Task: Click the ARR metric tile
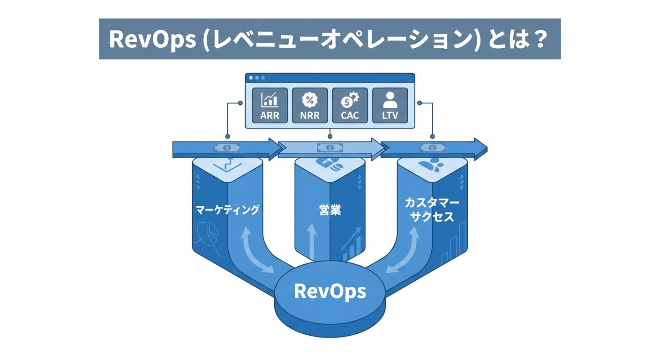click(x=270, y=105)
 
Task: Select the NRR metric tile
click(x=309, y=105)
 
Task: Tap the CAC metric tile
click(x=350, y=105)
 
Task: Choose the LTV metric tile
click(x=390, y=105)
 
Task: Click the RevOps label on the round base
click(x=330, y=291)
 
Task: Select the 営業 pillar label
click(x=329, y=210)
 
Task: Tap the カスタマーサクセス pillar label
click(x=432, y=210)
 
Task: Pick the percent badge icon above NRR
click(x=309, y=99)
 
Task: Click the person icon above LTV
click(x=390, y=98)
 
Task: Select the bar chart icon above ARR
click(x=270, y=99)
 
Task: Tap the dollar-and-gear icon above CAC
click(x=349, y=99)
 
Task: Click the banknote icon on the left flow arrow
click(x=227, y=148)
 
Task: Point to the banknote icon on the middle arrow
click(x=330, y=148)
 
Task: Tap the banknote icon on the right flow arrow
click(x=432, y=148)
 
